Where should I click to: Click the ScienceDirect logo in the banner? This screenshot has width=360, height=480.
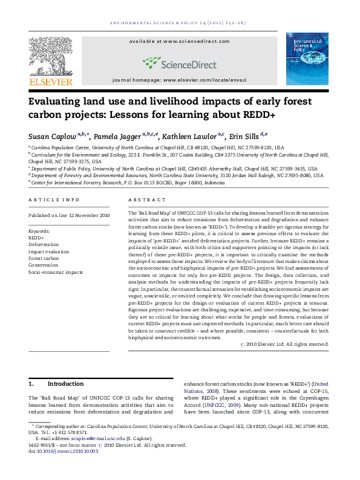coord(179,62)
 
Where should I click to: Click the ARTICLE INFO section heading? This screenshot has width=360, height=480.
coord(54,199)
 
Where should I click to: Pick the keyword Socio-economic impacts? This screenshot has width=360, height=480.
coord(56,273)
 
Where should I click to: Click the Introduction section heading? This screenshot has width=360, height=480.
coord(65,383)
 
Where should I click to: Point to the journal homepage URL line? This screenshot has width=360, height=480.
coord(179,80)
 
